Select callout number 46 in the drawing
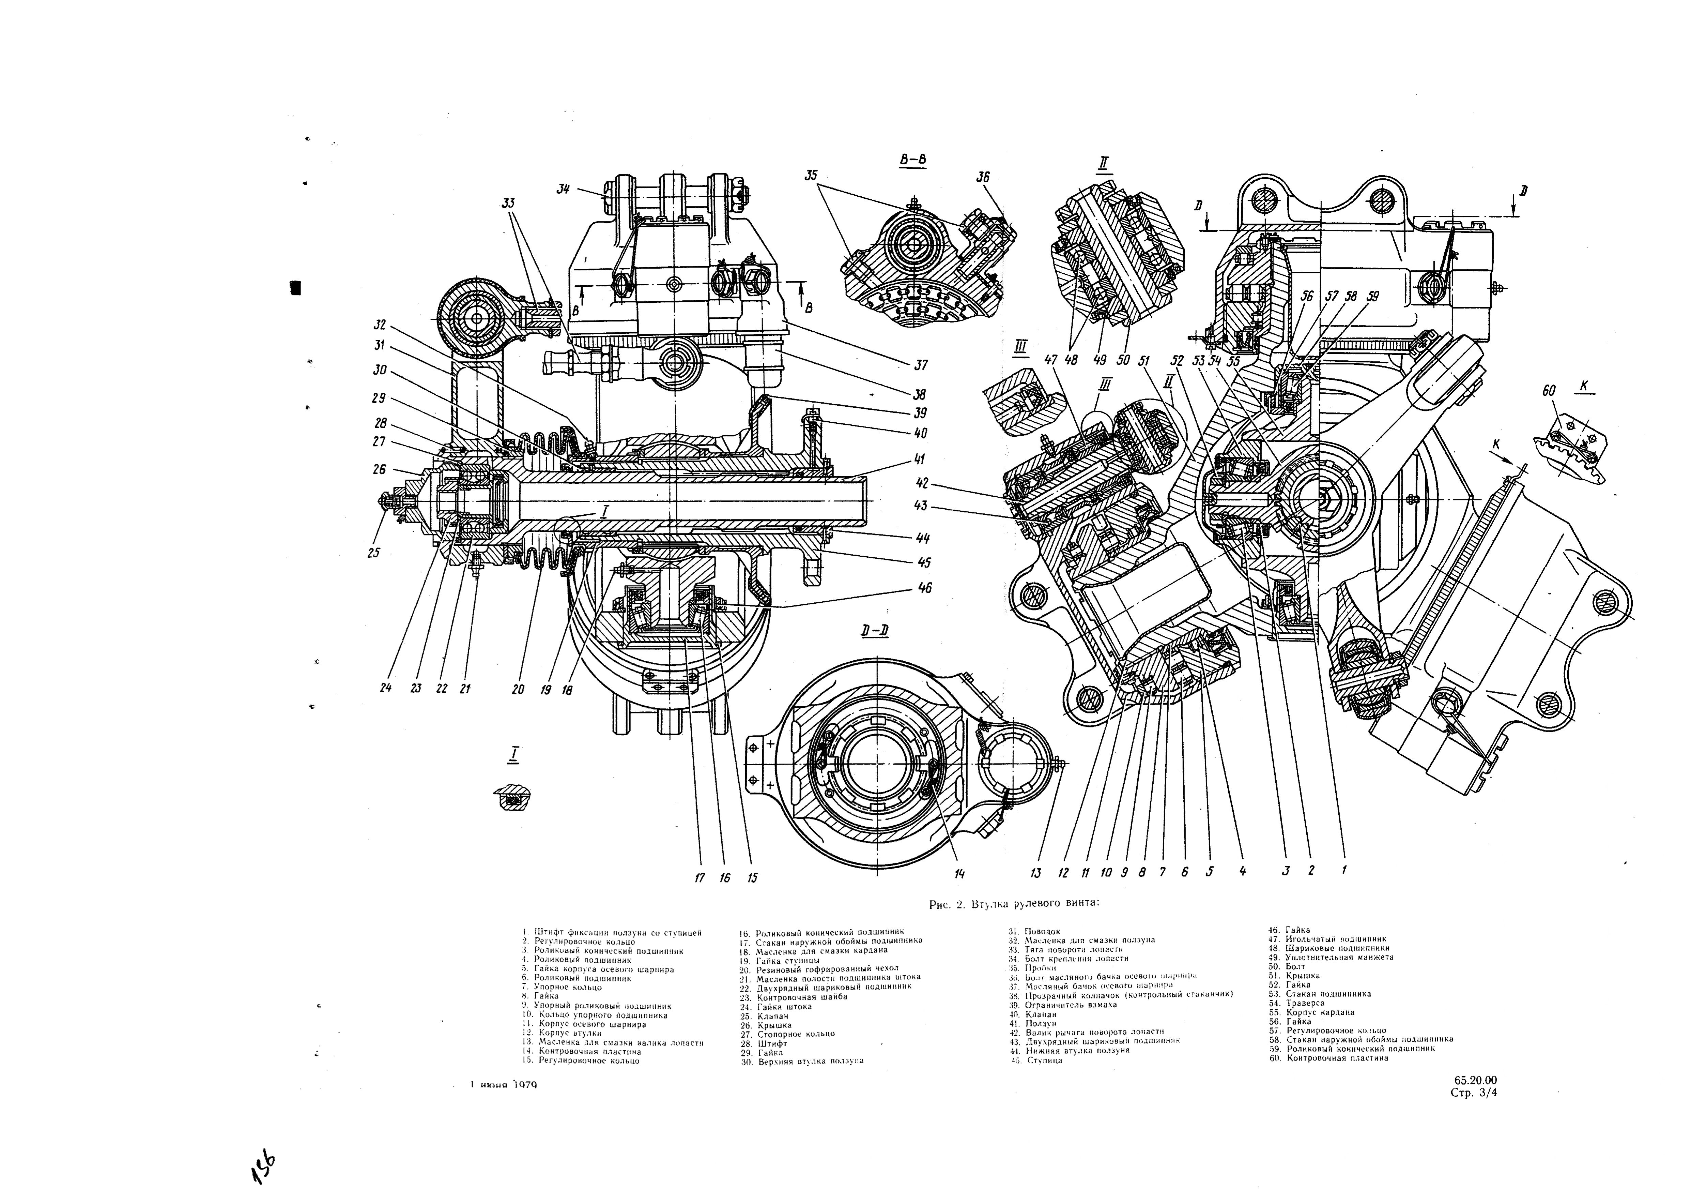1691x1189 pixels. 924,588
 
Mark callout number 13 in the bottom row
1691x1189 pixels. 1036,873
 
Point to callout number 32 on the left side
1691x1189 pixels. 380,324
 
